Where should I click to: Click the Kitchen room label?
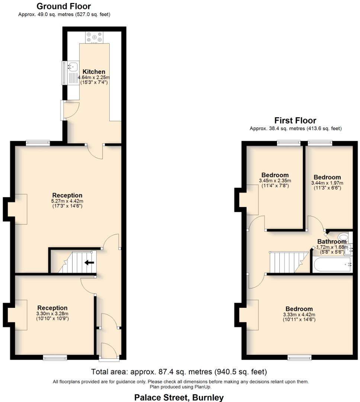tap(94, 71)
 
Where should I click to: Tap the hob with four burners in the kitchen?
tap(94, 37)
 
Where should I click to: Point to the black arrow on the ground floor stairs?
tap(89, 262)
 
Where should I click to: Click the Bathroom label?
tap(332, 242)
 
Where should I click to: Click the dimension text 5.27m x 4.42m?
tap(67, 201)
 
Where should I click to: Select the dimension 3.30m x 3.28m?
tap(52, 313)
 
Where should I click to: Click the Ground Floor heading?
tap(64, 6)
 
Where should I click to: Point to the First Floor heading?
tap(295, 120)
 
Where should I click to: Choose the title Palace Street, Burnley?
tap(179, 398)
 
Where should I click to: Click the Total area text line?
tap(179, 371)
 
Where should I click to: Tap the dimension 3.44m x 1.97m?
tap(327, 183)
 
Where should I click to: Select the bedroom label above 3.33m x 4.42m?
tap(299, 309)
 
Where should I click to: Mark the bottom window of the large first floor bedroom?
tap(299, 358)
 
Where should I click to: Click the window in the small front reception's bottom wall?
tap(55, 358)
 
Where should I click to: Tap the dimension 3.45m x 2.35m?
tap(275, 181)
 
